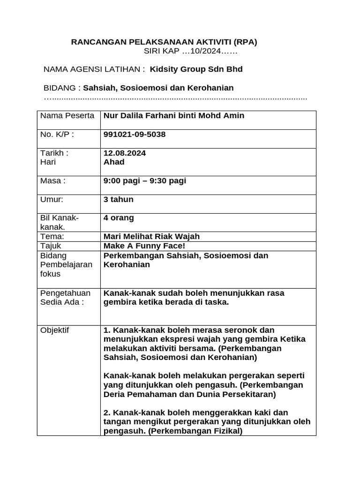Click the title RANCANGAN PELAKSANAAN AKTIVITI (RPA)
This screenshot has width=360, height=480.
click(164, 42)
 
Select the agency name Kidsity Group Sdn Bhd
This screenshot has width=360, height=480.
click(196, 69)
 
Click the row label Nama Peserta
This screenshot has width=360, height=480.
click(67, 116)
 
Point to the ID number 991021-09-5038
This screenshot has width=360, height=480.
click(135, 135)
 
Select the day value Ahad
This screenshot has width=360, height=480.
click(114, 162)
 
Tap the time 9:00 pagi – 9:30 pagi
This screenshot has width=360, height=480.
click(144, 181)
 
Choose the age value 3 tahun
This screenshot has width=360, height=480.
click(118, 199)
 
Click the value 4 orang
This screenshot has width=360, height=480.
click(118, 218)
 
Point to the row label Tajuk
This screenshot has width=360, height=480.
click(51, 246)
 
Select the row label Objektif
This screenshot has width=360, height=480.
click(54, 330)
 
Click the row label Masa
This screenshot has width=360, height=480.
click(52, 181)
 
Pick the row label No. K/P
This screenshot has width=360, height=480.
click(57, 135)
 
